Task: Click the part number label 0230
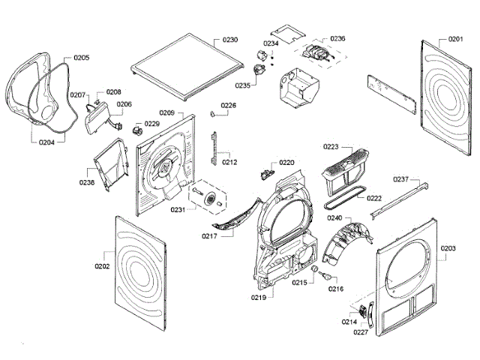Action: click(x=230, y=38)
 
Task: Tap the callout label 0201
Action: click(x=455, y=39)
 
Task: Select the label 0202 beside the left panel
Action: click(x=102, y=266)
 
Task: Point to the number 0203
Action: click(x=448, y=248)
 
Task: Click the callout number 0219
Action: click(x=259, y=298)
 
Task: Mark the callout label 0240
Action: click(x=334, y=217)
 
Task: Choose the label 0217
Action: click(x=209, y=236)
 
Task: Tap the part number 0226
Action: click(x=228, y=106)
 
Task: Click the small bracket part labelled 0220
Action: click(x=265, y=174)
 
